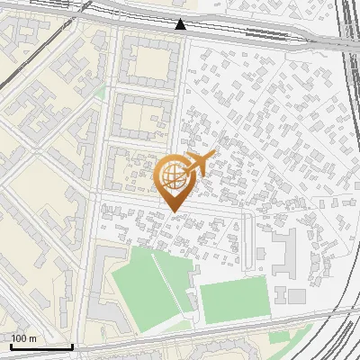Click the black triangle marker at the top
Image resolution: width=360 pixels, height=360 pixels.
pos(181,24)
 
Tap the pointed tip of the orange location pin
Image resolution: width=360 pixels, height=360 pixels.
pos(172,212)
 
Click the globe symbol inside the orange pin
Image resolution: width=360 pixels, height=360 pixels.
pos(171,176)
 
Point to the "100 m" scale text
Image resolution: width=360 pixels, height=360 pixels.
pos(23,338)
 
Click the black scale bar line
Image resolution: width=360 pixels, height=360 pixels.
pos(41,346)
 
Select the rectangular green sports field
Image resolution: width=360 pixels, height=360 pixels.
pos(234,301)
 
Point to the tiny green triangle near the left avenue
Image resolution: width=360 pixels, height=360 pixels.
pos(101,93)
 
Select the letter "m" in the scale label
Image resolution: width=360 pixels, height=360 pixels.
pos(32,338)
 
